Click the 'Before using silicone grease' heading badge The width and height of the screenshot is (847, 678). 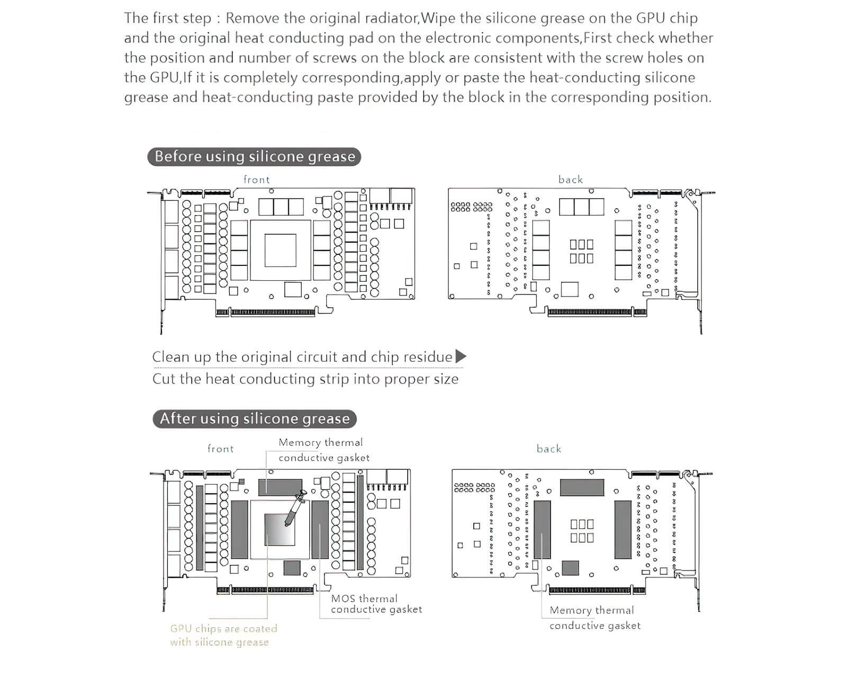254,157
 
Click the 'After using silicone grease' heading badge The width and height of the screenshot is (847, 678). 255,419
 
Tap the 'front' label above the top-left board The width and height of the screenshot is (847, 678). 257,180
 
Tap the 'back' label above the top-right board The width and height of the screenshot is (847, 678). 571,180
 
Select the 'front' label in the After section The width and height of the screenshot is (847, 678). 220,449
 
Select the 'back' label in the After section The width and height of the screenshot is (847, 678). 549,449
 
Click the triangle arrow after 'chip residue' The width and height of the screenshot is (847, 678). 461,356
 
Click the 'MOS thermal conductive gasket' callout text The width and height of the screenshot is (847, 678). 376,604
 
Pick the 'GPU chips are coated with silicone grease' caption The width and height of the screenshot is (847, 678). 223,635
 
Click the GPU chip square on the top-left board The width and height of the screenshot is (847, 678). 280,250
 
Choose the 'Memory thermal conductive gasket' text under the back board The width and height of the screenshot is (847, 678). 594,618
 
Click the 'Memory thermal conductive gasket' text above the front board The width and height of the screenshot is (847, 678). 324,450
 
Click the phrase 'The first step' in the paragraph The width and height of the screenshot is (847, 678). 168,18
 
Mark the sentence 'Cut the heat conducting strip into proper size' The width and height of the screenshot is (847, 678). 305,379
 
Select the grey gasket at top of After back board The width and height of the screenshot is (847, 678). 582,487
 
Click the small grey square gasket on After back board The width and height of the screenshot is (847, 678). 570,568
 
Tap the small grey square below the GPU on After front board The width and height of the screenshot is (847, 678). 292,568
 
